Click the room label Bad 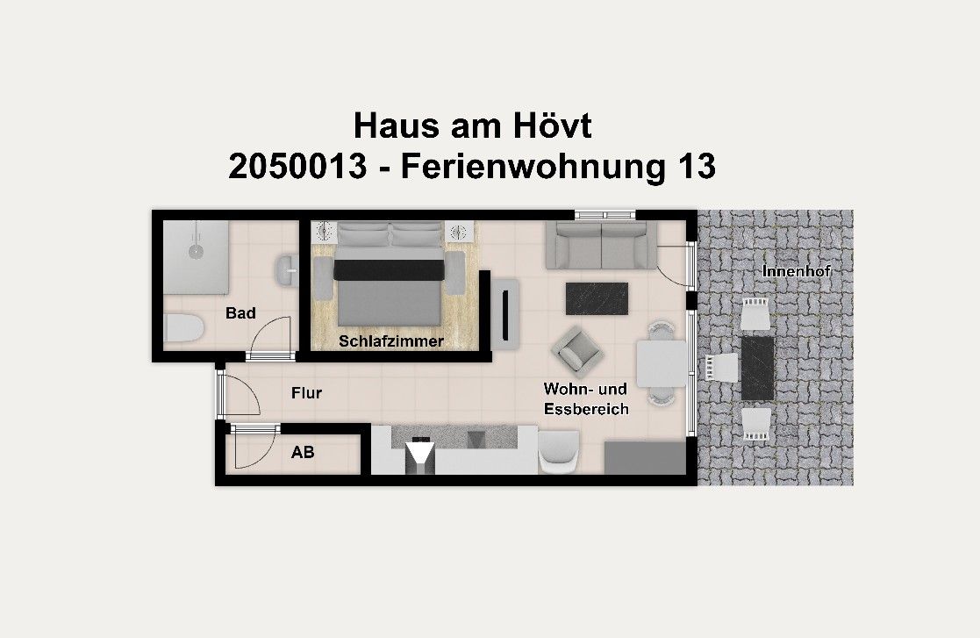(240, 313)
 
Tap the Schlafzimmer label (391, 341)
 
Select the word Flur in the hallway (306, 393)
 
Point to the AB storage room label (303, 453)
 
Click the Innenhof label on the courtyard (797, 271)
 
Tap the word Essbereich (586, 409)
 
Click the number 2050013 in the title (297, 166)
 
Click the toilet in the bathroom (183, 328)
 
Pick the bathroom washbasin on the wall (286, 270)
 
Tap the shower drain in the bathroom (195, 250)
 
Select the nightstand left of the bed (325, 232)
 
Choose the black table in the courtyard (756, 368)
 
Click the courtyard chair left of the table (719, 367)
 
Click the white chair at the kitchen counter (558, 452)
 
